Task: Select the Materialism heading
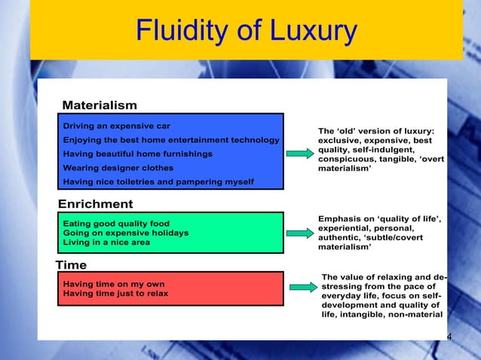(100, 105)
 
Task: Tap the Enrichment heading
(96, 204)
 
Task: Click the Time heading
(72, 264)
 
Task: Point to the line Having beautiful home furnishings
(137, 154)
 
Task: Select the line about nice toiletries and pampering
(158, 182)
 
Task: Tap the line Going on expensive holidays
(125, 233)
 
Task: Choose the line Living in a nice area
(106, 242)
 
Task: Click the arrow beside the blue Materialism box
(299, 154)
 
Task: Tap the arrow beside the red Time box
(303, 287)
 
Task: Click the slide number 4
(449, 336)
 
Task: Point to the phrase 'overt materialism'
(377, 163)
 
